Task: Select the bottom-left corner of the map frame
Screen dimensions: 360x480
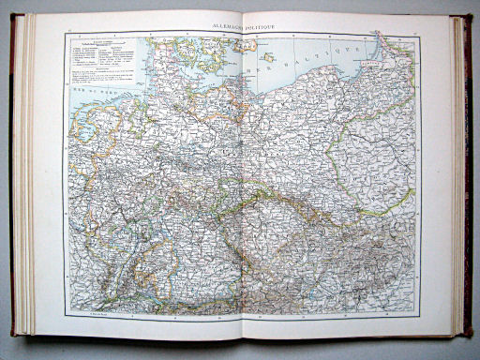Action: [66, 313]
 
